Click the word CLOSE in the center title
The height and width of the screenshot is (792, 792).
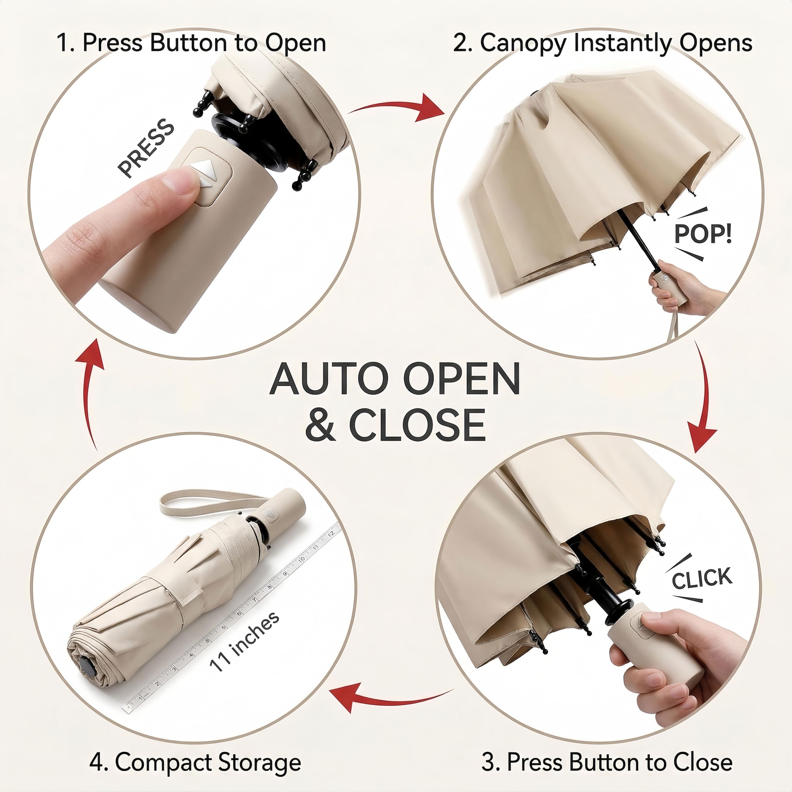coord(417,425)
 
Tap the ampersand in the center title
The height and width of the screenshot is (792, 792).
coord(321,425)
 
